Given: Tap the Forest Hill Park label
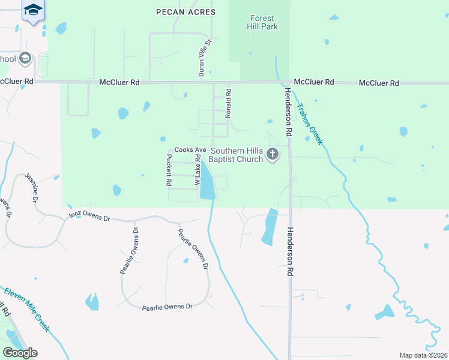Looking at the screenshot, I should [x=264, y=22].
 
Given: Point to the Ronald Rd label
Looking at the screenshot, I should [x=228, y=103].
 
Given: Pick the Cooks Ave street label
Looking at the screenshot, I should [x=190, y=149].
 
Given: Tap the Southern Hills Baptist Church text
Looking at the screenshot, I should [x=237, y=155].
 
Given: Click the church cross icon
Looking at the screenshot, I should [x=273, y=155].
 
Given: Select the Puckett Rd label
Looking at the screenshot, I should [x=169, y=169].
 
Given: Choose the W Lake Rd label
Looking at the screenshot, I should [x=197, y=169].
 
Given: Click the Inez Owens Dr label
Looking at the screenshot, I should [x=89, y=215].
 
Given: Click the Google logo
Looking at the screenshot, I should [x=20, y=352].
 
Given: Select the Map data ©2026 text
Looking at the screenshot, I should [x=423, y=355].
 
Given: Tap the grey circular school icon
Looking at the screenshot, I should [x=25, y=58].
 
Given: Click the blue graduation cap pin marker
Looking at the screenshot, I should [x=34, y=11].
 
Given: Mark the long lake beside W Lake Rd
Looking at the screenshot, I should [x=207, y=180].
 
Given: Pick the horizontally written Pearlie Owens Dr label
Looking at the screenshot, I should [x=167, y=307].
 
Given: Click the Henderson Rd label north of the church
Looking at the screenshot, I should [x=288, y=111].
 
